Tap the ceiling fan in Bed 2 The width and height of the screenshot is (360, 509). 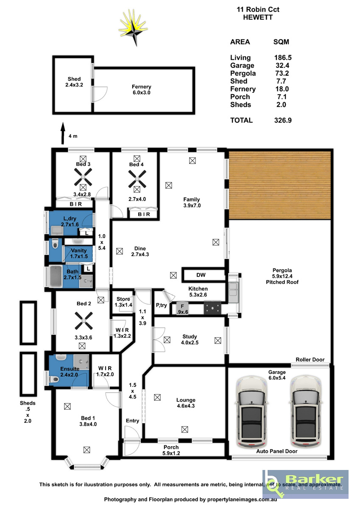click(x=84, y=321)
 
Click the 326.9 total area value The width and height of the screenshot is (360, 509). click(x=283, y=120)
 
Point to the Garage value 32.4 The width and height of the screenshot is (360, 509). click(x=282, y=65)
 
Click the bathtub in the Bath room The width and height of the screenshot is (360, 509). click(x=56, y=277)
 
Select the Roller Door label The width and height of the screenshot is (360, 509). click(x=310, y=360)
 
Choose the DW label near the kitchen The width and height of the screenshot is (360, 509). click(x=201, y=275)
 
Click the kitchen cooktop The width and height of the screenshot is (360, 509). click(x=212, y=308)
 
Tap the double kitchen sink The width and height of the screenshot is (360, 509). click(x=233, y=292)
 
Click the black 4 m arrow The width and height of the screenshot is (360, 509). click(x=63, y=133)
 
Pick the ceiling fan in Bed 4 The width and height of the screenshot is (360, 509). click(x=137, y=179)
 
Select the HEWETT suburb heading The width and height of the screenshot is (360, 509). click(x=258, y=17)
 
